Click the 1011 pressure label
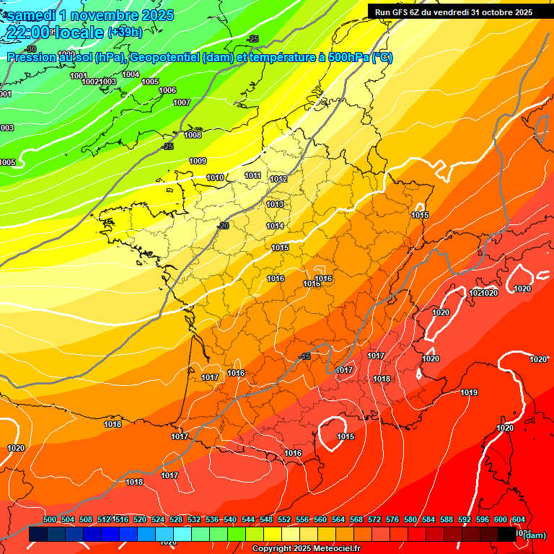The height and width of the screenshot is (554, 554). point(252,175)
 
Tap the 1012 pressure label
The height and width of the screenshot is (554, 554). point(278,179)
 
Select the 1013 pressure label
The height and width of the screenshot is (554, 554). point(275,204)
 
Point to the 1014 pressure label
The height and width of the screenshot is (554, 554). point(275,226)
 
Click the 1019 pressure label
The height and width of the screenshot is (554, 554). point(469,392)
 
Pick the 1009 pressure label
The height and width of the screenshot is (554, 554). point(198,161)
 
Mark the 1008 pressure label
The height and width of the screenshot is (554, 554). point(193,135)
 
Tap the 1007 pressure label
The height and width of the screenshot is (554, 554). point(182,102)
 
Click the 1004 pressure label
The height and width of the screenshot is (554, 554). point(131,74)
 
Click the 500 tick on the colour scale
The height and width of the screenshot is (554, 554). point(50,519)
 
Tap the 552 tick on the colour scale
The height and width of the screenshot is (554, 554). point(284,519)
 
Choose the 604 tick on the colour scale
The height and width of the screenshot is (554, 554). point(518,519)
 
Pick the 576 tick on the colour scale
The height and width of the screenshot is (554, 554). point(392,519)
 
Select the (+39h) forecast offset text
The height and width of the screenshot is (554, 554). point(126,32)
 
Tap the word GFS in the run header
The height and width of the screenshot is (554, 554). point(401,12)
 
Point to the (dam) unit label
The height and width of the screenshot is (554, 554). point(534,535)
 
